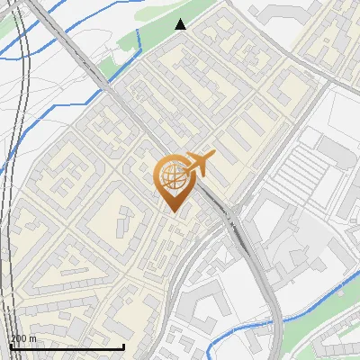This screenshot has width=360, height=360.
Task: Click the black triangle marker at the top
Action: (x=181, y=24)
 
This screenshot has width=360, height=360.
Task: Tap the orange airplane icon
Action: (x=198, y=165)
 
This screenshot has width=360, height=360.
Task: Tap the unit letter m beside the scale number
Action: (x=33, y=338)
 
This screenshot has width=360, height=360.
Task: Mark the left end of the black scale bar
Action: (x=10, y=346)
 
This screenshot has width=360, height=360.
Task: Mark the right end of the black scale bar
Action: (x=123, y=346)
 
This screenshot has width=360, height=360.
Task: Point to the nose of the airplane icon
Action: (x=213, y=157)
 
